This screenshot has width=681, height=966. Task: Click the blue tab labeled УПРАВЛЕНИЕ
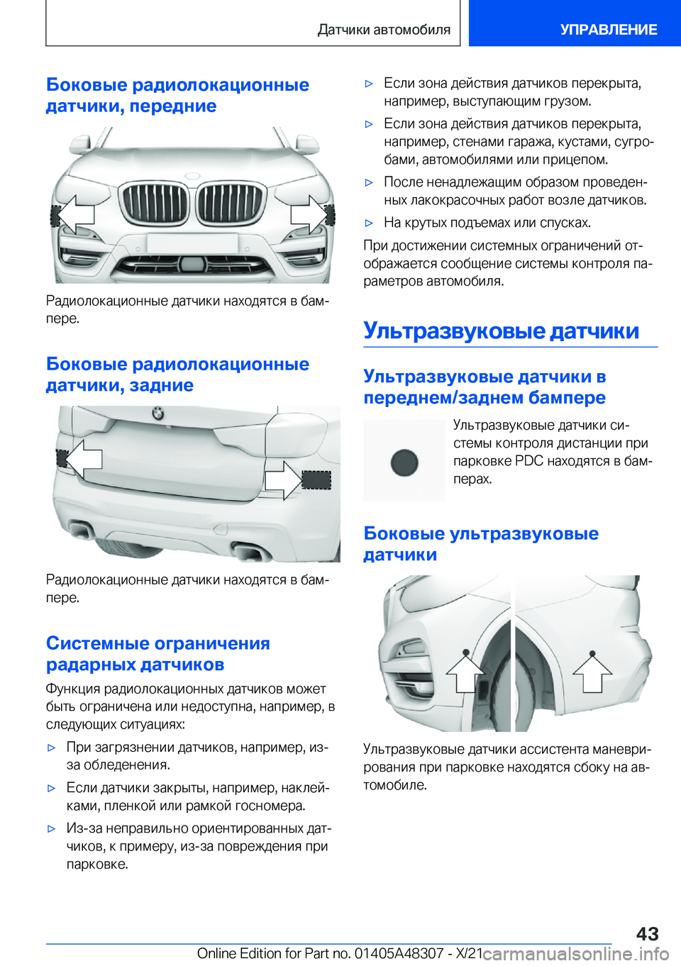coord(608,29)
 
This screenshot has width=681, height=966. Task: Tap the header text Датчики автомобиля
coord(384,30)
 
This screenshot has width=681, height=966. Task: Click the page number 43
coord(646,933)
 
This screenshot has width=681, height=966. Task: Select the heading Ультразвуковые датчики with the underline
coord(501,331)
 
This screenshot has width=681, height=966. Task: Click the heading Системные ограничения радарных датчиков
coord(157,653)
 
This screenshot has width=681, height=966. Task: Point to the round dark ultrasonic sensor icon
coord(404,462)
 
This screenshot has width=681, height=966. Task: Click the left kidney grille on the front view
coord(154,202)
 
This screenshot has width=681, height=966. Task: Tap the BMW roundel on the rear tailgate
coord(157,413)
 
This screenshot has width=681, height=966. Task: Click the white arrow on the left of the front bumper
coord(76,213)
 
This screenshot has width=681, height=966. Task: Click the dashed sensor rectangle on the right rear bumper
coord(316,479)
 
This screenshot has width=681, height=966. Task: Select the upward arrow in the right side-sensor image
coord(592,672)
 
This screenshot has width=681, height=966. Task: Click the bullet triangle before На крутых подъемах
coord(369,223)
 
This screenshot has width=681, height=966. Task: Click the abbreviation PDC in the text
coord(529,461)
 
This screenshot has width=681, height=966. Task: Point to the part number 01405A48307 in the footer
coord(399,953)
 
